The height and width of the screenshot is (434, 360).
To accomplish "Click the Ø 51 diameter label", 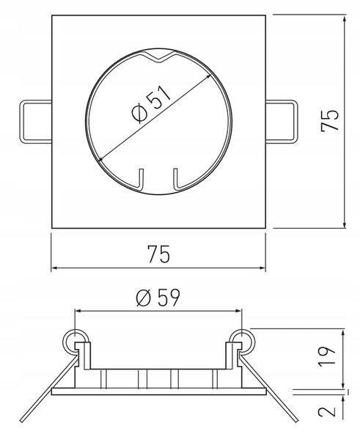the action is click(151, 104).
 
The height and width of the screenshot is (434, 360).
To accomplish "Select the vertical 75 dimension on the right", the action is click(329, 120).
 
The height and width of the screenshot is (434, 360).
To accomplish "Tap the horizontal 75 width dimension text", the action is click(158, 254).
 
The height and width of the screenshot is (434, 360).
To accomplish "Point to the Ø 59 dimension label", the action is click(158, 298).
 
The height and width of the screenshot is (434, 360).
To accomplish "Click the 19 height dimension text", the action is click(327, 356).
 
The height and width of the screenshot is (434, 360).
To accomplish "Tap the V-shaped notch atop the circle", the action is click(158, 58).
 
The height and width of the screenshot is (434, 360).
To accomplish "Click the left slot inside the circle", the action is click(140, 180).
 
